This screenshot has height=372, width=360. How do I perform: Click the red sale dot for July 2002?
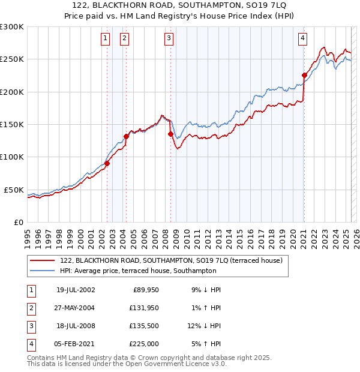pyautogui.click(x=107, y=163)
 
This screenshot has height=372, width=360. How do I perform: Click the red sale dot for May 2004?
pyautogui.click(x=127, y=136)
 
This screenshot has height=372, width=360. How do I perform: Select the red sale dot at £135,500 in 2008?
pyautogui.click(x=170, y=134)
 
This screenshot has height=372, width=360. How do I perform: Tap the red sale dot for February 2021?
pyautogui.click(x=304, y=76)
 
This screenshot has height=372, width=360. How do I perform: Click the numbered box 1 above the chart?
pyautogui.click(x=106, y=38)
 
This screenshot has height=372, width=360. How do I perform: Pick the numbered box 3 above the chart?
pyautogui.click(x=169, y=38)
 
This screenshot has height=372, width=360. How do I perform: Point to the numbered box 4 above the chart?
pyautogui.click(x=303, y=38)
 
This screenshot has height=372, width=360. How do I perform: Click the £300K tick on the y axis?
pyautogui.click(x=12, y=27)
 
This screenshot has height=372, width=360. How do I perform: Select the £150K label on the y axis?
pyautogui.click(x=12, y=125)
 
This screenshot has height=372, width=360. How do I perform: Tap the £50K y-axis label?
pyautogui.click(x=14, y=190)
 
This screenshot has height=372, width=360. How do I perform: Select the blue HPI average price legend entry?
pyautogui.click(x=138, y=271)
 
